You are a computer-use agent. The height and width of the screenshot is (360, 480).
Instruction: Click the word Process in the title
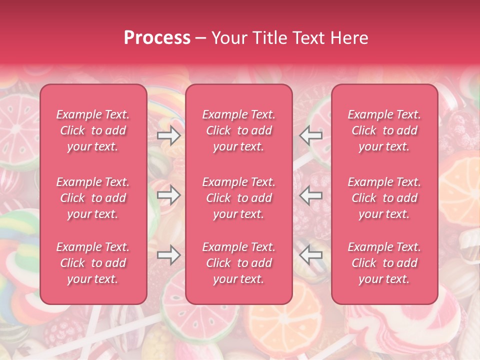[157, 38]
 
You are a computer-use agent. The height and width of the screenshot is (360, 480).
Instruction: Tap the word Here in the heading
[348, 38]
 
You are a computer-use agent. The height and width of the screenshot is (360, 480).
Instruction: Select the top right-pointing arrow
[169, 135]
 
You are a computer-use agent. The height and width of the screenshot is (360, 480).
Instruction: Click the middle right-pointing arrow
[169, 195]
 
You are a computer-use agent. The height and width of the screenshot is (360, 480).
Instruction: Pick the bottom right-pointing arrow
[169, 255]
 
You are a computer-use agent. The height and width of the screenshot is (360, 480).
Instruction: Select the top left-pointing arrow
[311, 135]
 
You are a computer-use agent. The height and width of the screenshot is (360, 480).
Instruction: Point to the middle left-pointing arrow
[311, 195]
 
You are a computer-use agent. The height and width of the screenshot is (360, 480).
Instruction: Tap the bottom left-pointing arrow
[311, 255]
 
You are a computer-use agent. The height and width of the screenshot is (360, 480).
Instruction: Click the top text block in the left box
[93, 130]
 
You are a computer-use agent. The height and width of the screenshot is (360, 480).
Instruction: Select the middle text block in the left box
[93, 198]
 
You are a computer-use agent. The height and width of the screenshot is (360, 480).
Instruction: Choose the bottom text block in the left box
[93, 263]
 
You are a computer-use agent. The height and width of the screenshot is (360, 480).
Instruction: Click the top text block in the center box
[239, 130]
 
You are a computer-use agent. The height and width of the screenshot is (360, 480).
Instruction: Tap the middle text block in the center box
[239, 198]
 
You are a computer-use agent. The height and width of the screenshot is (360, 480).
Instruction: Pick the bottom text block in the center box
[239, 263]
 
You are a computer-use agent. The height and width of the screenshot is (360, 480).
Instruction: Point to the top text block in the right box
[384, 130]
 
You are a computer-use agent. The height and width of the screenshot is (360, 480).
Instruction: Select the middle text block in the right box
[384, 198]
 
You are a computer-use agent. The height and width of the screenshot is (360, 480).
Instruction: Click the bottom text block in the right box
[384, 263]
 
